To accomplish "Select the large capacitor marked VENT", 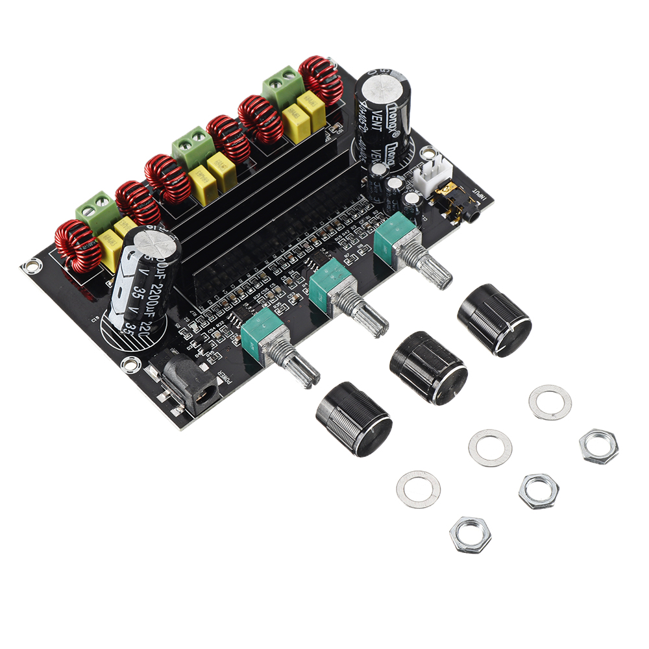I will [x=383, y=117].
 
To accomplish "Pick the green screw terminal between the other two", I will [x=193, y=147].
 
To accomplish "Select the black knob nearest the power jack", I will [x=354, y=419].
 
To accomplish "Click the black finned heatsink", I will [x=260, y=208].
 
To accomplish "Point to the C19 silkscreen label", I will [x=95, y=317].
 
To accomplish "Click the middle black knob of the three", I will [x=428, y=368].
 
